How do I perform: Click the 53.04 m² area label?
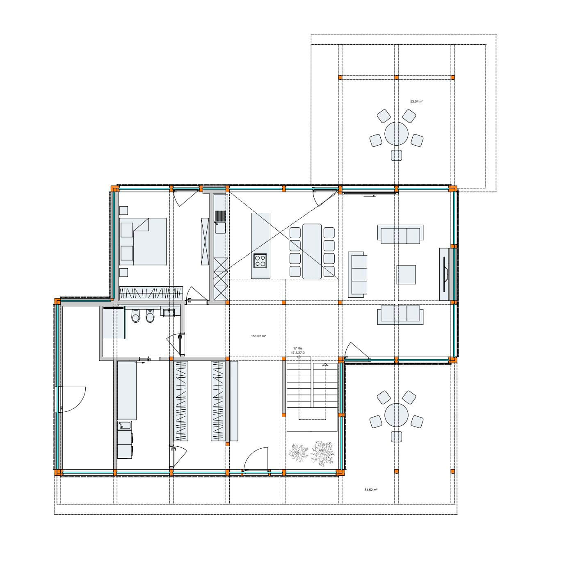(417, 101)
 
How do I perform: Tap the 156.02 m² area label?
(258, 336)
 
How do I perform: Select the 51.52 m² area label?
(371, 490)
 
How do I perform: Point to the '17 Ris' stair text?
(297, 348)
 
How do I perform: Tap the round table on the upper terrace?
(396, 134)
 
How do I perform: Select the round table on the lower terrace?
(396, 415)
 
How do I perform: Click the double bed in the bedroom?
(143, 242)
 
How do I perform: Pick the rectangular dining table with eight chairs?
(312, 251)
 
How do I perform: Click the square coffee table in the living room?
(406, 275)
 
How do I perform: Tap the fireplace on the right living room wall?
(445, 274)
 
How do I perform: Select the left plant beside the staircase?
(299, 453)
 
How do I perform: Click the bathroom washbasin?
(169, 312)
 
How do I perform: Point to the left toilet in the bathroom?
(135, 316)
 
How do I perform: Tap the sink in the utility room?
(125, 426)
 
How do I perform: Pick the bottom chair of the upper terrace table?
(396, 155)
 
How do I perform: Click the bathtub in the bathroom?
(114, 322)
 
